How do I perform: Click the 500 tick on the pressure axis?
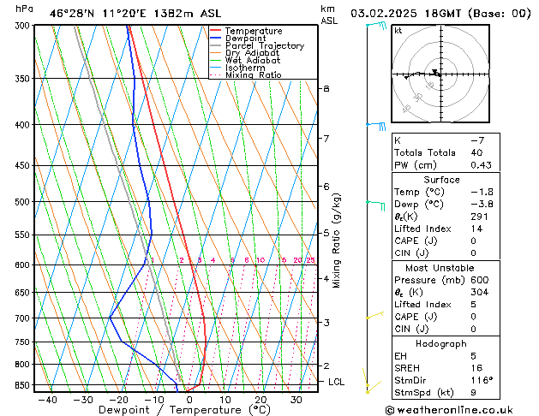click(21, 202)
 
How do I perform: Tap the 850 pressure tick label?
click(21, 385)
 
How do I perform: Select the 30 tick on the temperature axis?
click(296, 400)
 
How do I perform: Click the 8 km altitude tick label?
click(326, 89)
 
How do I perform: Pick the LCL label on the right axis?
click(336, 382)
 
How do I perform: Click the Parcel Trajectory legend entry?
click(264, 46)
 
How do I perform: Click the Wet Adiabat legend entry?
click(252, 61)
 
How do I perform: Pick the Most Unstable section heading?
click(442, 267)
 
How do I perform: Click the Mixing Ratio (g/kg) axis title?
click(337, 241)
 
